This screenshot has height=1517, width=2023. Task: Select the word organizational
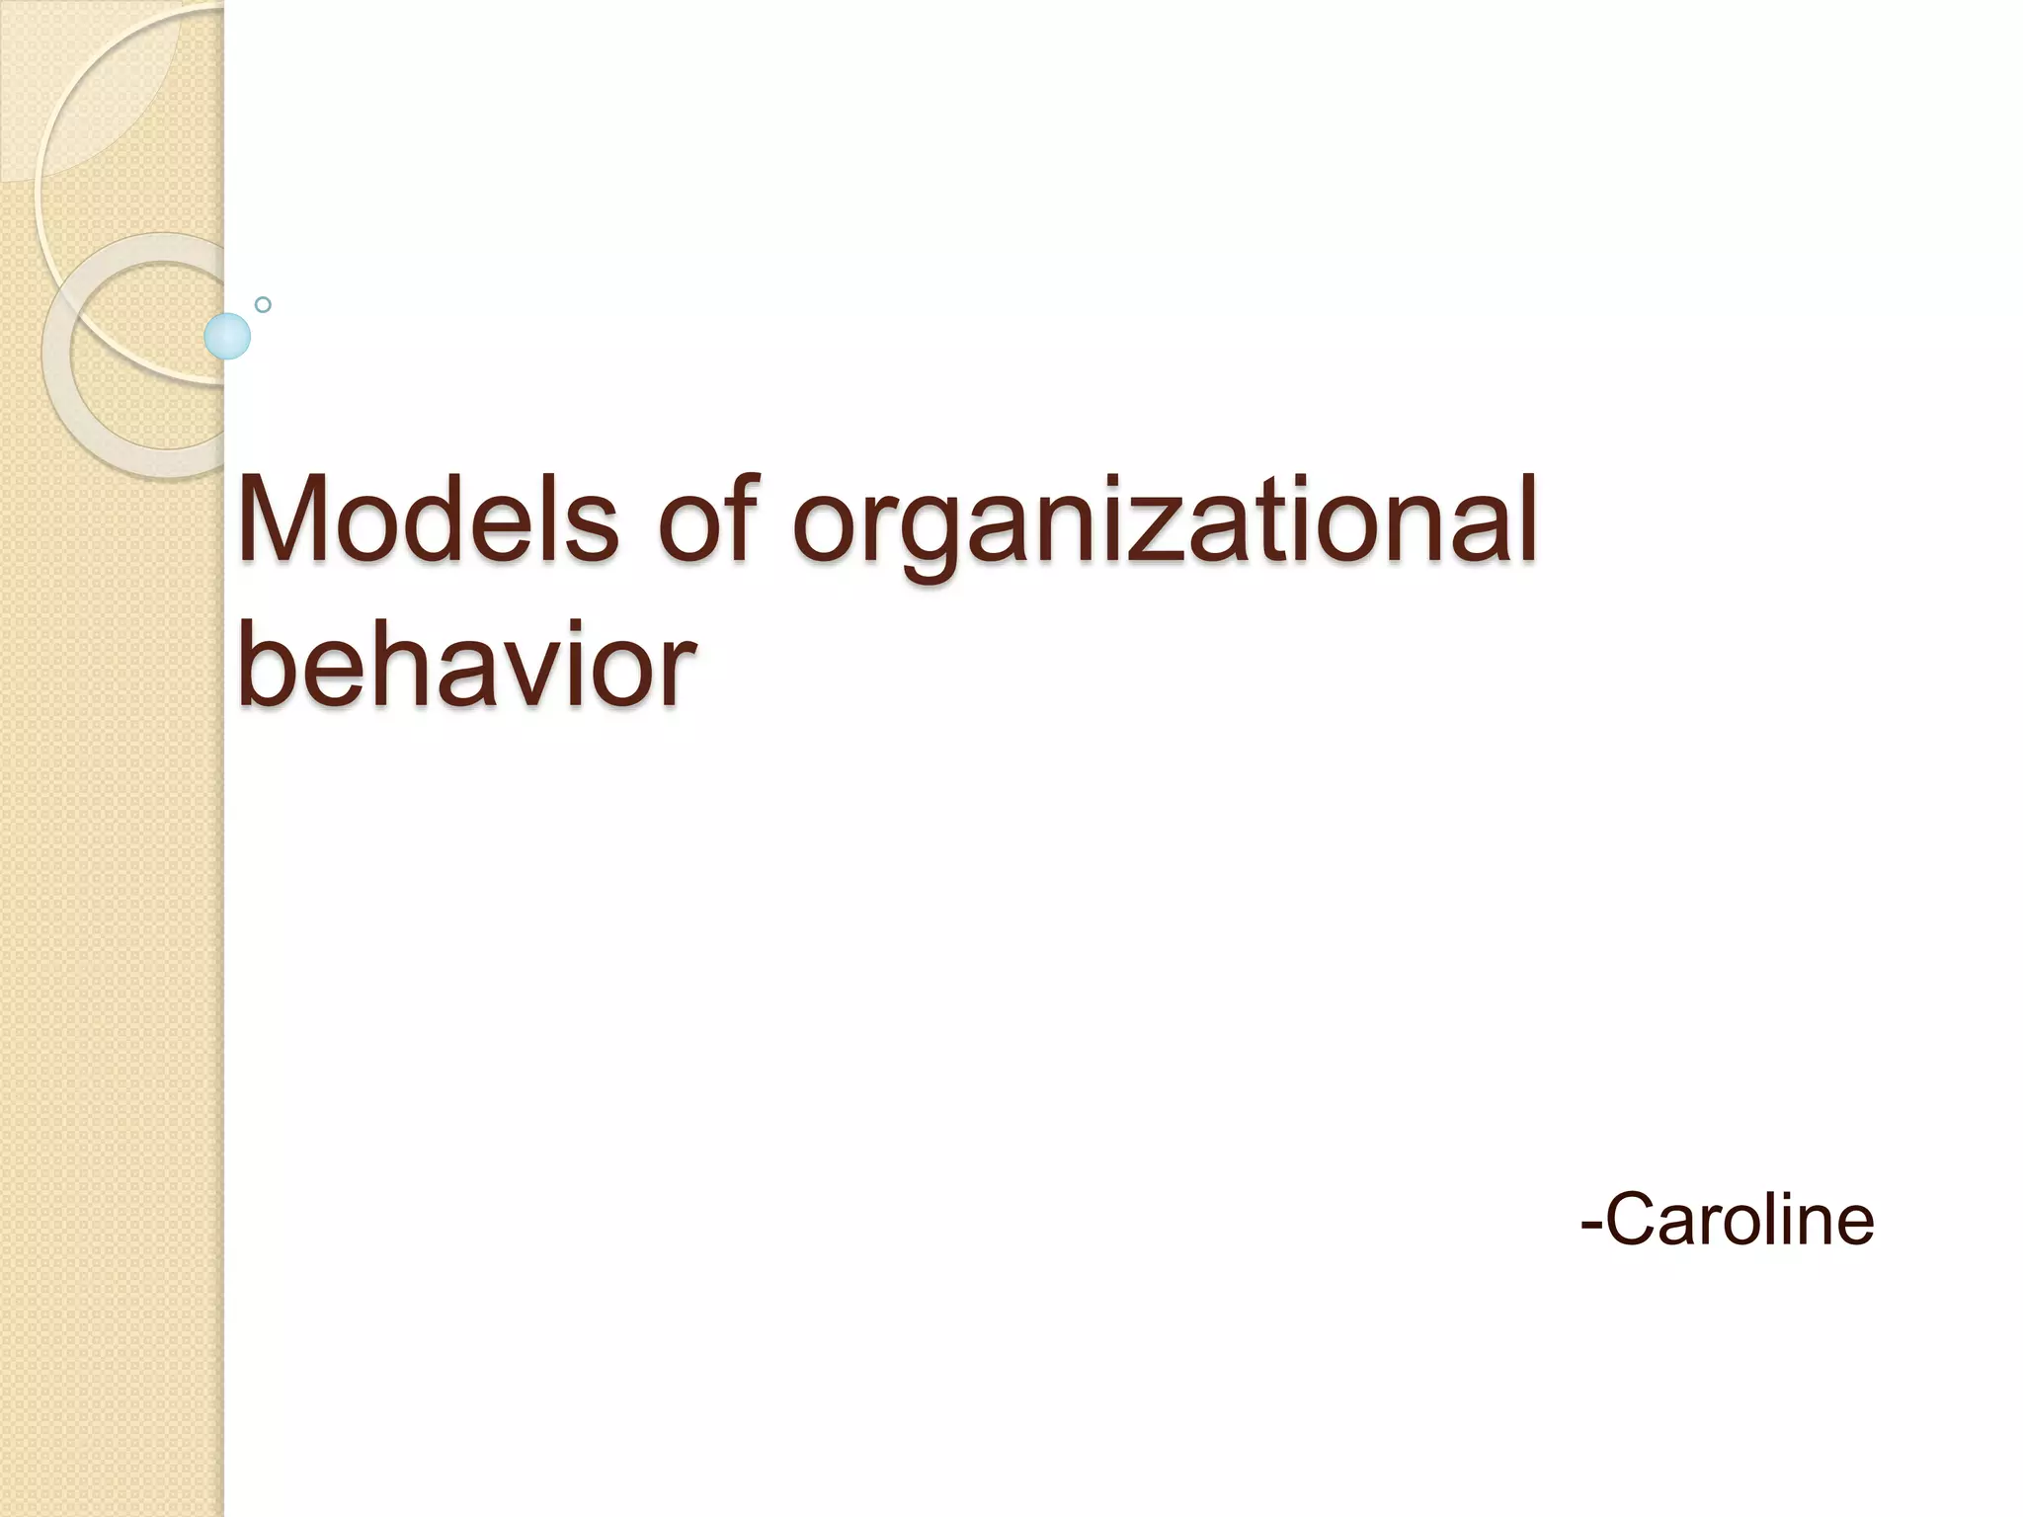pyautogui.click(x=1165, y=523)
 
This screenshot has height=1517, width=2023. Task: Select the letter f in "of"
pyautogui.click(x=741, y=516)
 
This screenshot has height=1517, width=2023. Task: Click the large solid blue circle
pyautogui.click(x=227, y=337)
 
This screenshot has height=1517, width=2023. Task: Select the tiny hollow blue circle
pyautogui.click(x=263, y=305)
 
